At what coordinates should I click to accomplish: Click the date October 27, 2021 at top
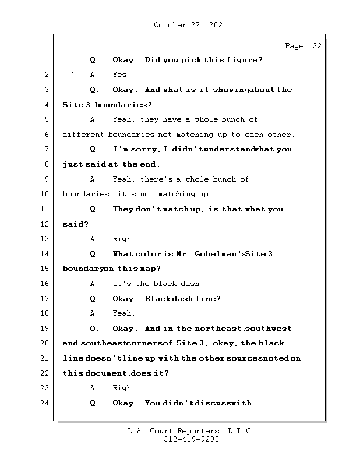point(190,25)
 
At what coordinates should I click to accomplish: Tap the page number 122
point(314,46)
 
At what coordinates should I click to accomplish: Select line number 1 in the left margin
point(47,60)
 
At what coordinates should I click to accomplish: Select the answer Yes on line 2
point(121,75)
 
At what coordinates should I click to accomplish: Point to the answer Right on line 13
point(126,239)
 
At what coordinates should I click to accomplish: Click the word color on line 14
point(158,254)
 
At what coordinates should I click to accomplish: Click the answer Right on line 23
point(126,388)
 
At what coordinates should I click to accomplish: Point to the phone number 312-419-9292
point(191,440)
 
